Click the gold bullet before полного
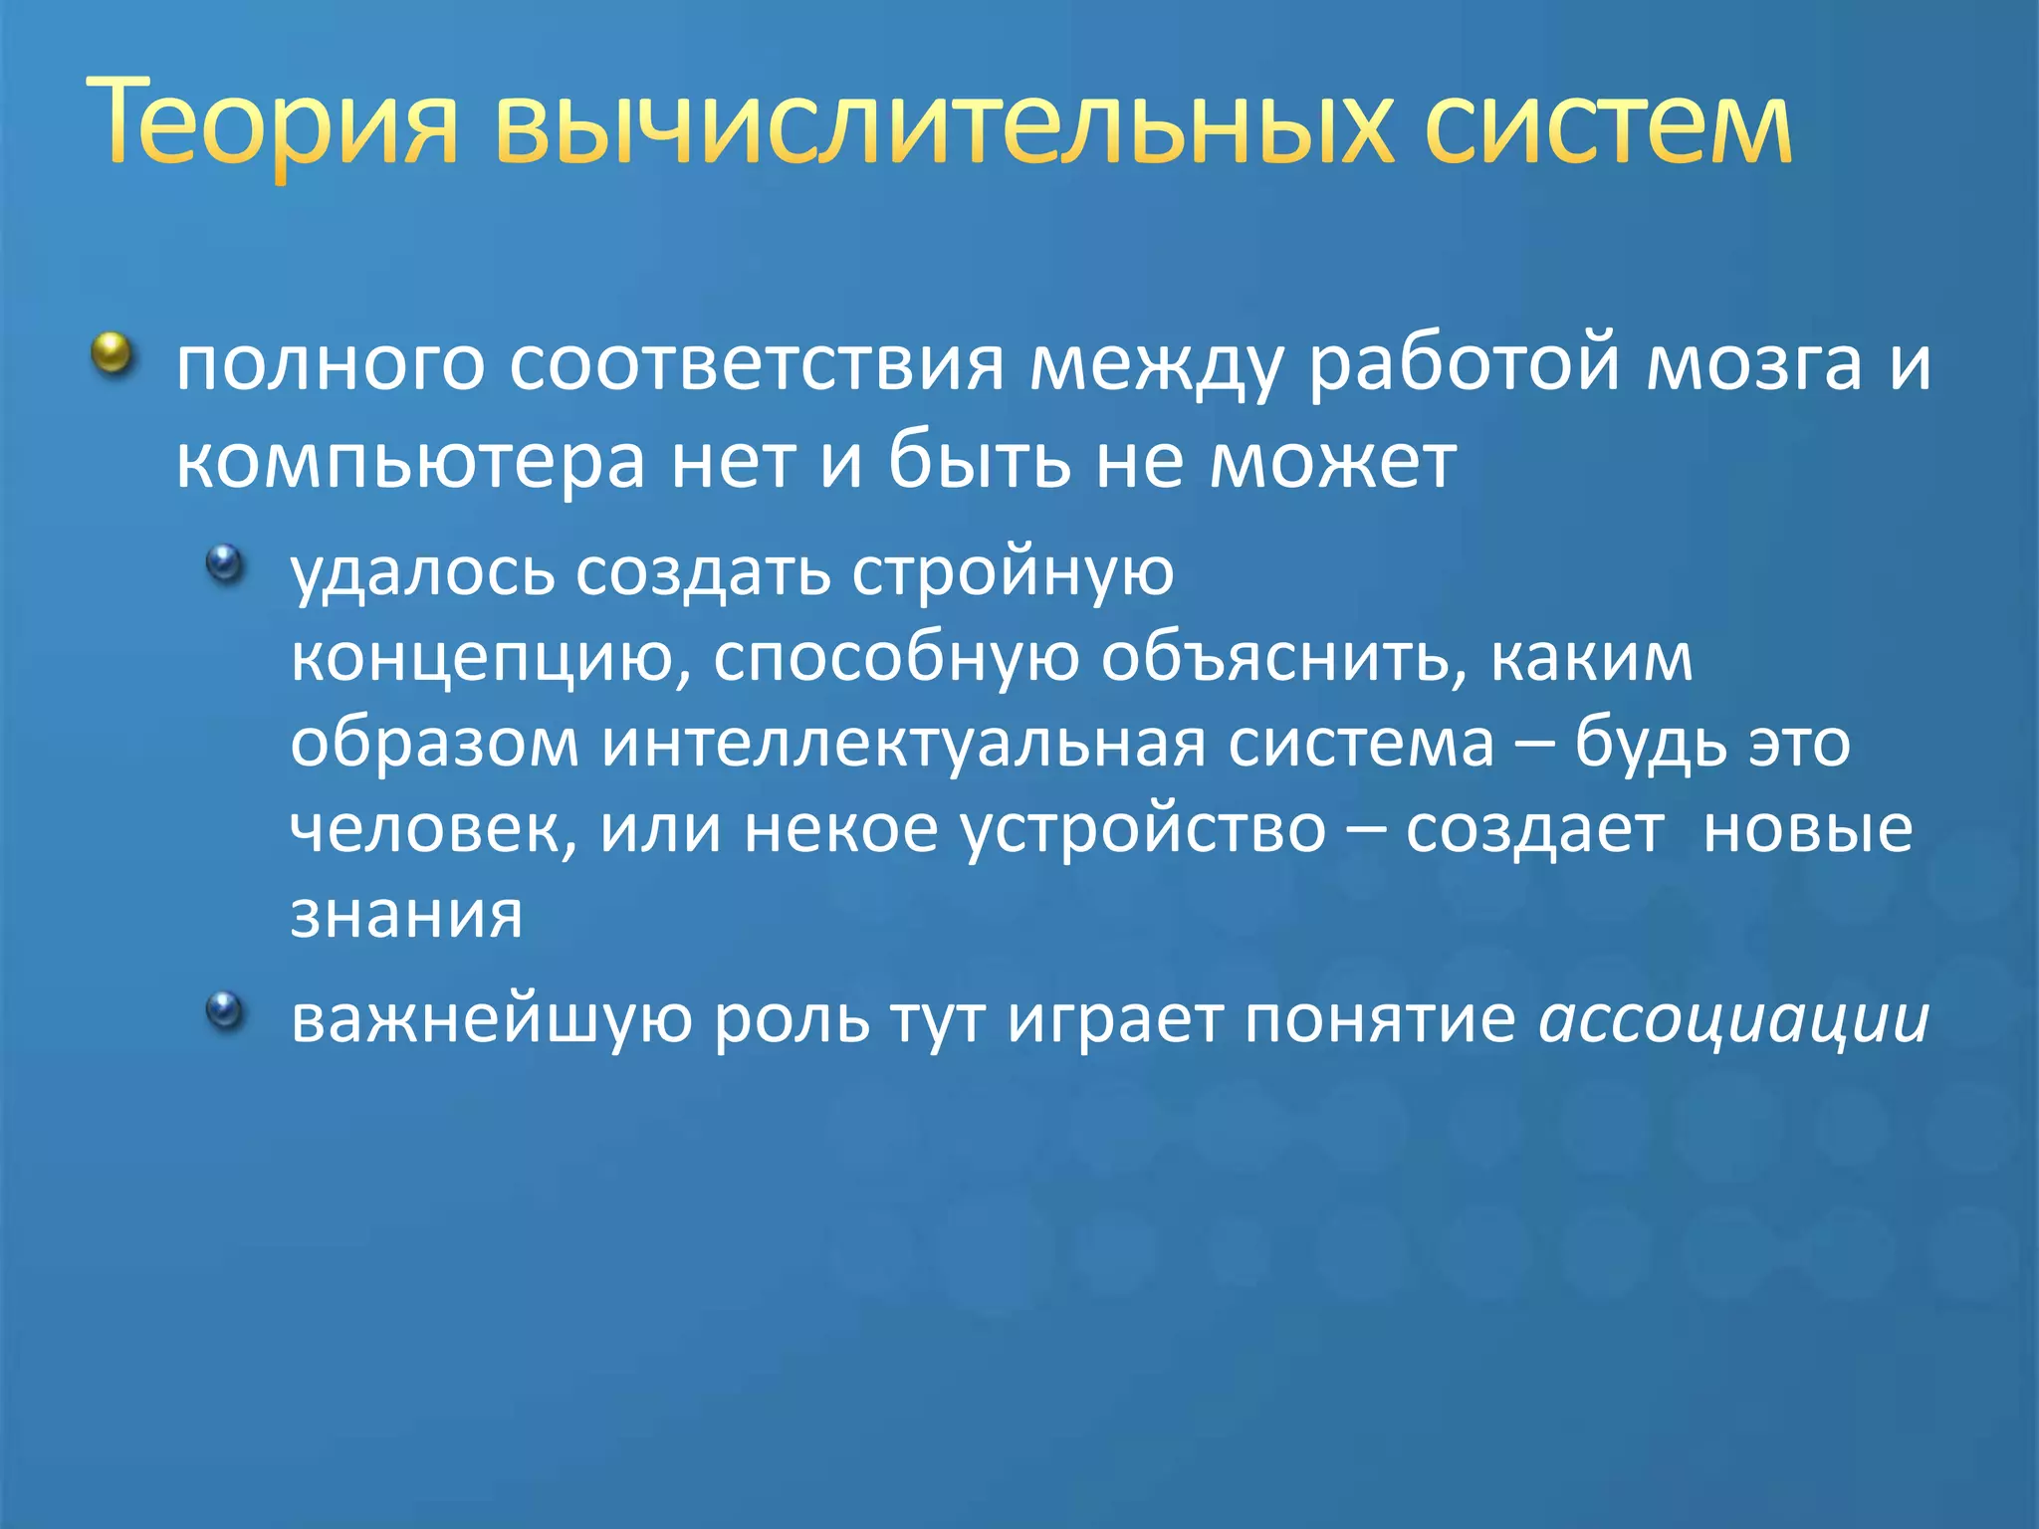click(x=113, y=353)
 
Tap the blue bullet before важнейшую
click(x=225, y=1011)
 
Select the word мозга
click(x=1753, y=364)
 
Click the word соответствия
click(x=757, y=364)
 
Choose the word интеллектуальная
click(x=902, y=745)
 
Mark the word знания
click(x=406, y=914)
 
